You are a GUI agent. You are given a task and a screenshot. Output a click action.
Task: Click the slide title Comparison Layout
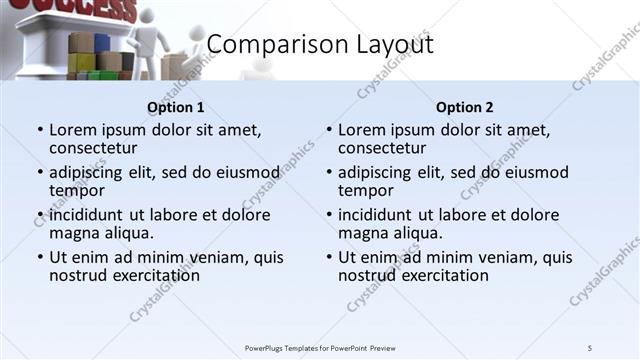tap(320, 46)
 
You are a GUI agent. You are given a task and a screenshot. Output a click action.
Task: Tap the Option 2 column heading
tap(464, 107)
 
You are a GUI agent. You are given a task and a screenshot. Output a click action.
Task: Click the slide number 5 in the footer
tap(589, 347)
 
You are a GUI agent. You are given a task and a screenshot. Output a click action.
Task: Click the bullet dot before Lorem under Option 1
tap(40, 130)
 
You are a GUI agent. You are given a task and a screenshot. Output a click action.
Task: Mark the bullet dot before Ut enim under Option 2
tap(329, 257)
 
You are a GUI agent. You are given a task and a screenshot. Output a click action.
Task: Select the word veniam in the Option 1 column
tap(217, 257)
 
